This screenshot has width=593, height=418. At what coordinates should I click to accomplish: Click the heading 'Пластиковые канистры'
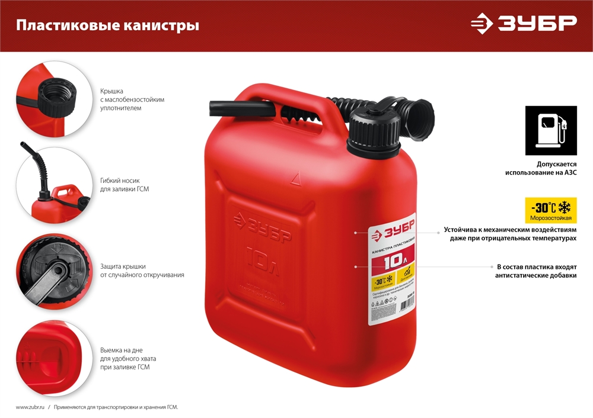[107, 25]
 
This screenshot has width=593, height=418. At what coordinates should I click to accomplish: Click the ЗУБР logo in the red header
[523, 23]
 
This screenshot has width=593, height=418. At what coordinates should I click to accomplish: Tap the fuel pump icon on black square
[551, 130]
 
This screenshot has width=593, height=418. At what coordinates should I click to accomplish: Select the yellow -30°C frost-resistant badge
[551, 210]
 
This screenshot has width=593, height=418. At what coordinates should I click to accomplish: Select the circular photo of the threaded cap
[54, 98]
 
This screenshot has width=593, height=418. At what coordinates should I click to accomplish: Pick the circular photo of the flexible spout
[54, 184]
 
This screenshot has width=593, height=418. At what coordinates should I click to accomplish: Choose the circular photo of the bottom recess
[54, 358]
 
